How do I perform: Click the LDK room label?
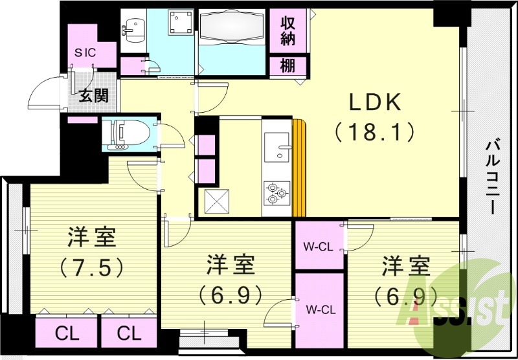376,102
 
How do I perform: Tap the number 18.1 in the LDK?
376,132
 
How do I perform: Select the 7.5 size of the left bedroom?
91,266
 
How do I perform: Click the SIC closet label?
85,52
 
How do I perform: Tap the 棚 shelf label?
288,65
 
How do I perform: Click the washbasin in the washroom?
134,27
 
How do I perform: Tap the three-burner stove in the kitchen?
277,193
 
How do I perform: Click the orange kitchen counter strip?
298,168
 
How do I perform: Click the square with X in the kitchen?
216,201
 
